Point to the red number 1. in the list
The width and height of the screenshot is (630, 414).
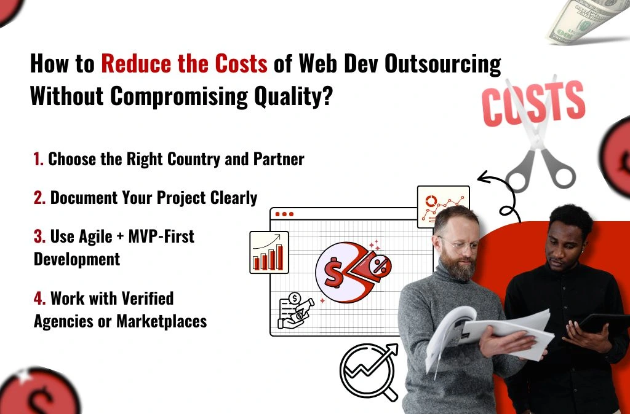click(x=39, y=159)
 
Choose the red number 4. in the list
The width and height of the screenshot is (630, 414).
click(x=39, y=299)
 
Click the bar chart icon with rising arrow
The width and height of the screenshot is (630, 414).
click(x=269, y=252)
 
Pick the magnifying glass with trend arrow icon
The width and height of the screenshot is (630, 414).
click(x=367, y=371)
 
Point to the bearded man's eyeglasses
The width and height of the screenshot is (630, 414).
click(x=460, y=244)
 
